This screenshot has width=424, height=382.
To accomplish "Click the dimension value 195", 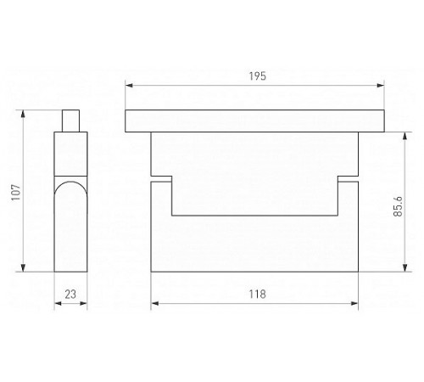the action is (258, 76).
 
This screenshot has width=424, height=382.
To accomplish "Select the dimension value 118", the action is (257, 295).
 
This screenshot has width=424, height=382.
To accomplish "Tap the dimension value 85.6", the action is (398, 206).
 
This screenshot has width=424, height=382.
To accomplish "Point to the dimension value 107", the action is (16, 193).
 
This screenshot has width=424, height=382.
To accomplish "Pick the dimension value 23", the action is (70, 295).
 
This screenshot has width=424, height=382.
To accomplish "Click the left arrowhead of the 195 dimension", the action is (129, 86).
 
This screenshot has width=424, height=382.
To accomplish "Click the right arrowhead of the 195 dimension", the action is (381, 86).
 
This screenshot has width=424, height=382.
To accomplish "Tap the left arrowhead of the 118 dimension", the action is (154, 304).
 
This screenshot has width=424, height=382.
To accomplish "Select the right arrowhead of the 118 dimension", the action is (354, 304).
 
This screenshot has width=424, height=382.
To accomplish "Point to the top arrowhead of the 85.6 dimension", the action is (404, 136).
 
